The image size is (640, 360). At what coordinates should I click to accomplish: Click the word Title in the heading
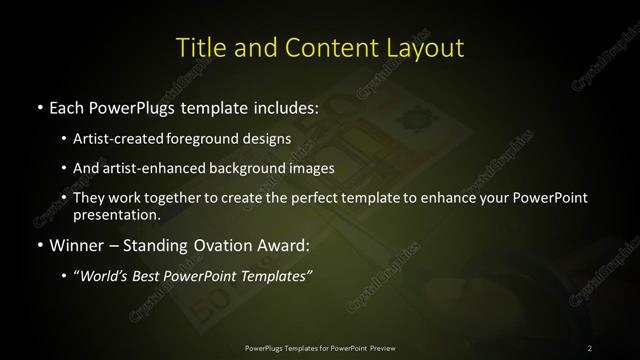coord(199,47)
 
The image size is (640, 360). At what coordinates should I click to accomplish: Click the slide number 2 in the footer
coord(589,347)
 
